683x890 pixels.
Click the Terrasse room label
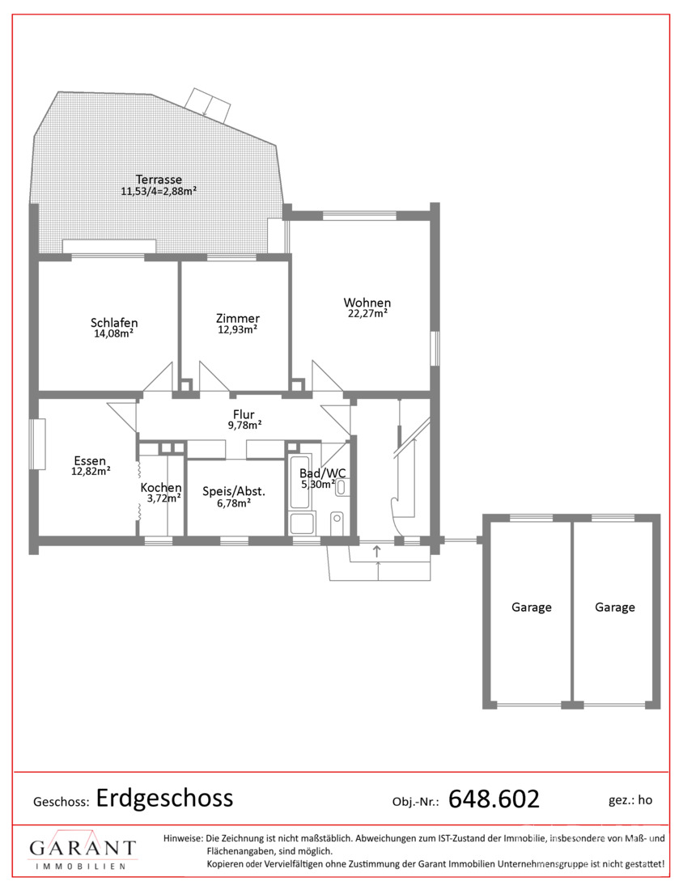159,180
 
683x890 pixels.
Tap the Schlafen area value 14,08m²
113,333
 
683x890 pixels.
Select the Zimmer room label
238,319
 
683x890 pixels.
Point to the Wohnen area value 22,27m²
368,313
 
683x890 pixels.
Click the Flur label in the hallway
244,414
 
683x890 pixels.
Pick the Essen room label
91,460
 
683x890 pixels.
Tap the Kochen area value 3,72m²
164,498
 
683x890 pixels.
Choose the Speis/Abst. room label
234,492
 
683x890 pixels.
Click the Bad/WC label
322,473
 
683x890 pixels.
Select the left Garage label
532,608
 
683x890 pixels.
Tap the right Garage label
615,608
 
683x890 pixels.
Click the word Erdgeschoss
164,799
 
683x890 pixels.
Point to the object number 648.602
494,799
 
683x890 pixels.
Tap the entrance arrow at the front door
376,550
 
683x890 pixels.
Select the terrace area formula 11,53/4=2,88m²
159,191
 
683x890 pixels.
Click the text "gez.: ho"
630,800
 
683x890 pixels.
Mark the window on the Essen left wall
38,444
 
